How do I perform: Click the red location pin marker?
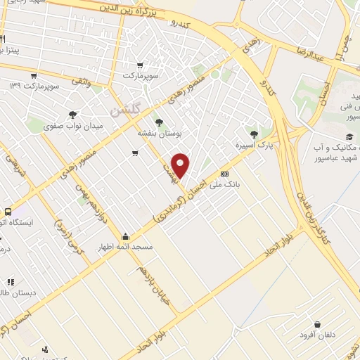[x=181, y=165]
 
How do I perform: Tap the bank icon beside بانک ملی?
[x=224, y=174]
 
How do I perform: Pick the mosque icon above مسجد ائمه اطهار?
[x=126, y=236]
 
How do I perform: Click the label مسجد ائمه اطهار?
[x=126, y=247]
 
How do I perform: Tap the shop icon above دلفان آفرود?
[x=319, y=324]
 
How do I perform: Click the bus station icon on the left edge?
[x=8, y=211]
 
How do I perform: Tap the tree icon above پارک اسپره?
[x=254, y=134]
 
